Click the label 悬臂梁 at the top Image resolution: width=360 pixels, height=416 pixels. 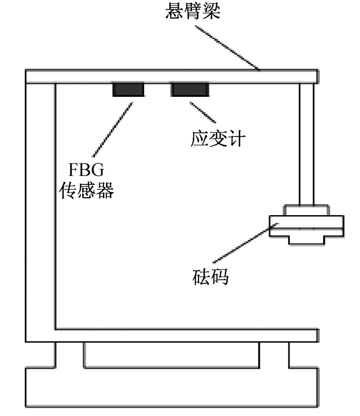click(193, 11)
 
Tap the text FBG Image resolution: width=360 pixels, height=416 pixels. click(86, 169)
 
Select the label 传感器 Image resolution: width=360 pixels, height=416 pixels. click(86, 190)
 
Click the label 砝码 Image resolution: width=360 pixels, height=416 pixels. click(210, 277)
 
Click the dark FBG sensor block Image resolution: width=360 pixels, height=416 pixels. click(129, 90)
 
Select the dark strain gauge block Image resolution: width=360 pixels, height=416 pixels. click(190, 90)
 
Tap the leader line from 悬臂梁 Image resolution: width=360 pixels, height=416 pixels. click(227, 48)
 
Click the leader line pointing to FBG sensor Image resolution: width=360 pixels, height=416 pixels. click(113, 129)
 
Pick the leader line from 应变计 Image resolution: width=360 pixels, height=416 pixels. click(203, 112)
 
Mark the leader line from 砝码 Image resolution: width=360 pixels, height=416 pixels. click(246, 243)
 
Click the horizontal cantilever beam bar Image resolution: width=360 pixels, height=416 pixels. click(172, 77)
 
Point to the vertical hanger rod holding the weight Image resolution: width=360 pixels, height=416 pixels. click(307, 144)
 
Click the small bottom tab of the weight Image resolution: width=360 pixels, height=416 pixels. click(307, 240)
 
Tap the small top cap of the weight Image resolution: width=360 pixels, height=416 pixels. click(307, 210)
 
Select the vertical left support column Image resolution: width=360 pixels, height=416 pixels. click(40, 207)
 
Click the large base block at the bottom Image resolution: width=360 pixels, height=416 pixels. click(172, 387)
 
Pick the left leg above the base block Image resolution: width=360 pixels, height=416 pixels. click(69, 355)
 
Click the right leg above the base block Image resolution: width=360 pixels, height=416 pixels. click(274, 355)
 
